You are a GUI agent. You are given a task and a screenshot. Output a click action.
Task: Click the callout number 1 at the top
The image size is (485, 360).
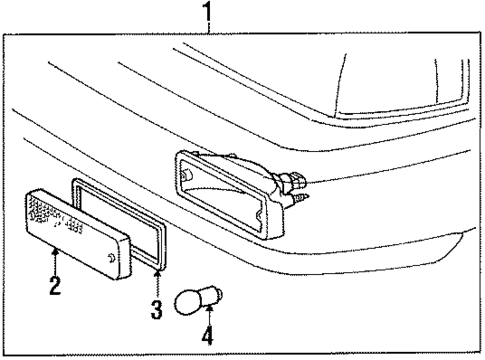click(207, 14)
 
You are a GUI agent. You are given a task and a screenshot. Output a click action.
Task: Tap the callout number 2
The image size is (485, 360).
click(55, 286)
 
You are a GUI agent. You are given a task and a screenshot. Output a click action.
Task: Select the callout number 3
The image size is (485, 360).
click(156, 309)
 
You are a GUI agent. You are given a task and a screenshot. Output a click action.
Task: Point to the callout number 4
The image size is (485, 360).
click(207, 337)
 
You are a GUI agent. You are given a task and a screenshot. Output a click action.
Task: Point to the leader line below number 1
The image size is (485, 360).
click(207, 29)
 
